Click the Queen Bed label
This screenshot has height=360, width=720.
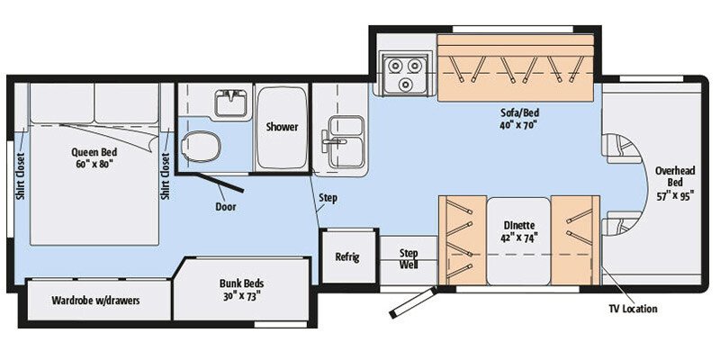pyautogui.click(x=94, y=157)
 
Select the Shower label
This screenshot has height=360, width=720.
pyautogui.click(x=282, y=127)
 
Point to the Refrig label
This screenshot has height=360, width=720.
pyautogui.click(x=346, y=257)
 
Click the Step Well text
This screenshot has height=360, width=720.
pyautogui.click(x=409, y=259)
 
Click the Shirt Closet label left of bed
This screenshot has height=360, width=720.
pyautogui.click(x=19, y=177)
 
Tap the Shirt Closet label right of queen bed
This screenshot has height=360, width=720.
pyautogui.click(x=165, y=177)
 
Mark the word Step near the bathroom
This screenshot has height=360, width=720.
pyautogui.click(x=328, y=197)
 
